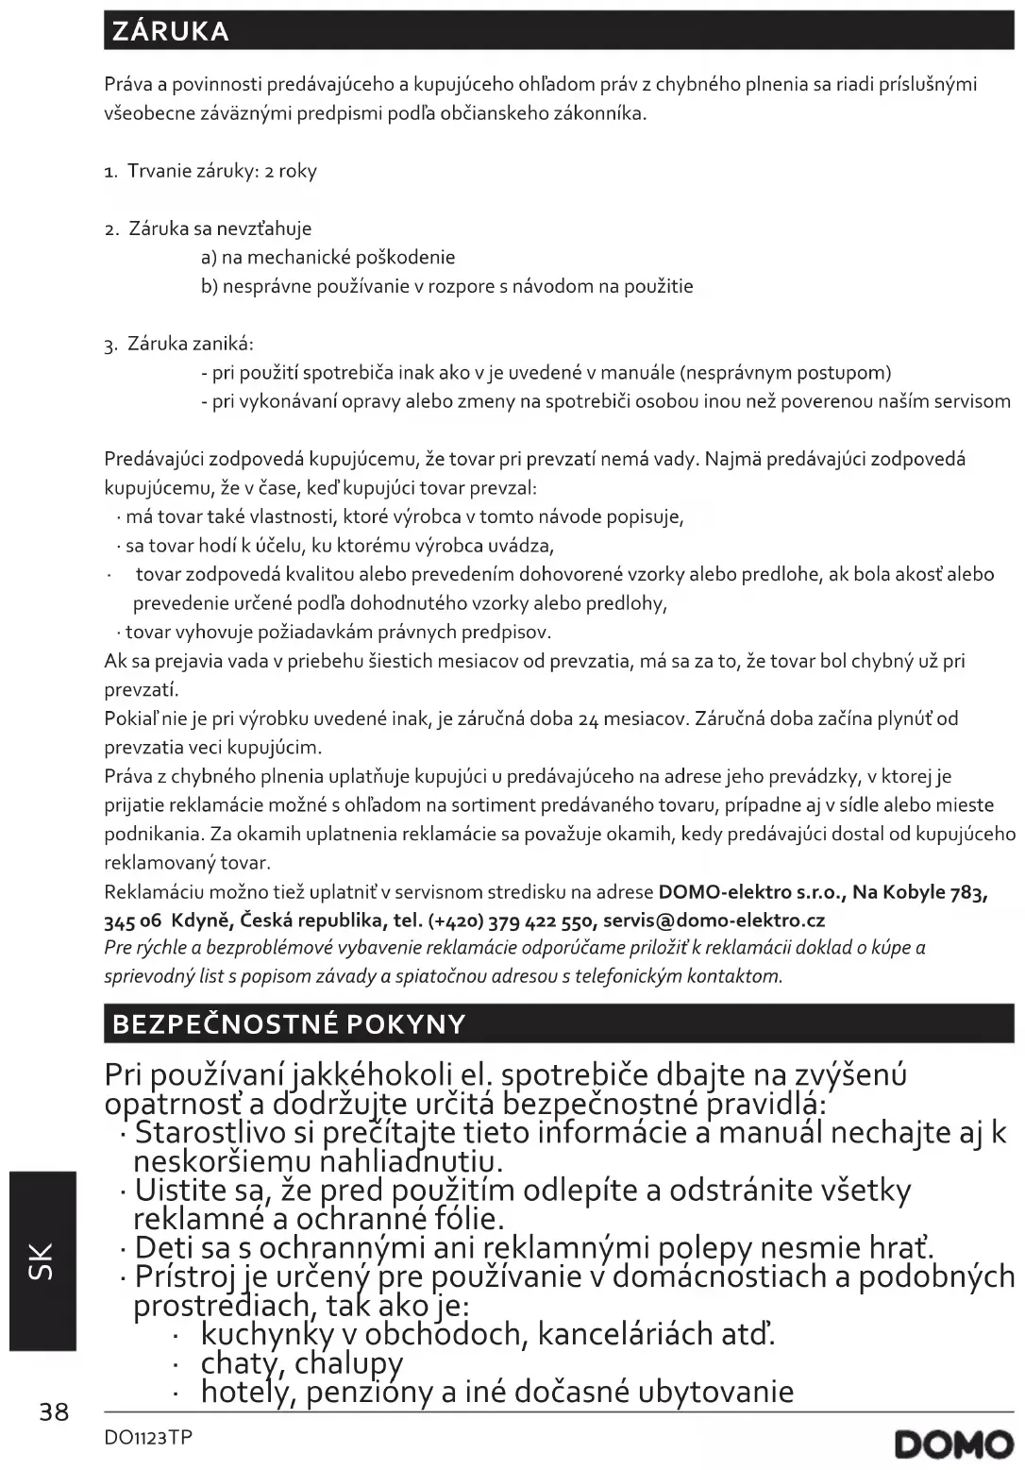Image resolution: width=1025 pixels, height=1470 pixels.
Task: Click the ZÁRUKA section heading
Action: tap(170, 31)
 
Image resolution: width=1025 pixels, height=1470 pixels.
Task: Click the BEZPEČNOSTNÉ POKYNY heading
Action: tap(289, 1024)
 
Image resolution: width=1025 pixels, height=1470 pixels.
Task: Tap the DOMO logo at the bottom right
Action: tap(954, 1445)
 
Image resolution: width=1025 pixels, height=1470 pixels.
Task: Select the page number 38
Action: tap(54, 1411)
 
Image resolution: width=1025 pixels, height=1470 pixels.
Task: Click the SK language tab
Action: tap(42, 1261)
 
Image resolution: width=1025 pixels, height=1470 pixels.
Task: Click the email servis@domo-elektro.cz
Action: tap(714, 920)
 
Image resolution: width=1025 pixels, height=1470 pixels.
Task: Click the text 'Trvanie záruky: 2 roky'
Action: tap(222, 171)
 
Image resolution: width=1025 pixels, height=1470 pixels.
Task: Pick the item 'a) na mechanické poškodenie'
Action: tap(328, 257)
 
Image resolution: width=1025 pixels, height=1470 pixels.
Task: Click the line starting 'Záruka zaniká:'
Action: tap(190, 344)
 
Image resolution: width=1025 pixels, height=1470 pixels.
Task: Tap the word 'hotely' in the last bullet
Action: tap(240, 1392)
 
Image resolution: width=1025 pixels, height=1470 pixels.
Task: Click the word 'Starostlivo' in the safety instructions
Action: tap(223, 1131)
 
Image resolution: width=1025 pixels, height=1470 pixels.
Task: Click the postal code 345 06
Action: tap(133, 920)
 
